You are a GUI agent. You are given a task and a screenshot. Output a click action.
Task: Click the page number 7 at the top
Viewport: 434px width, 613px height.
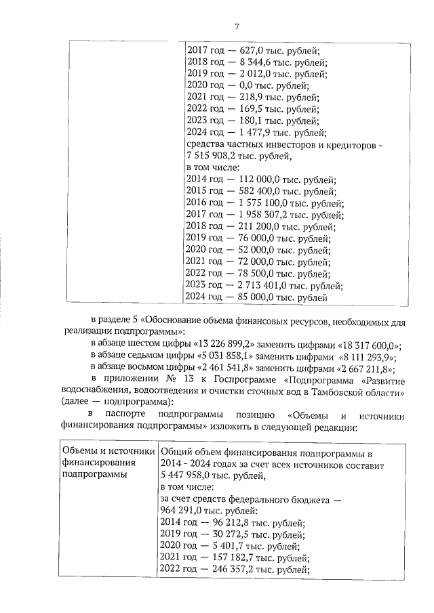(x=237, y=26)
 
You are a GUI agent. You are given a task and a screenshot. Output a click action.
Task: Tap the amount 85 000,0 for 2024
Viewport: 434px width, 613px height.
(x=262, y=297)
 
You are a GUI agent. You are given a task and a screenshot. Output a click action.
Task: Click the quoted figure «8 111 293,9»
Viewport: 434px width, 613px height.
(x=360, y=356)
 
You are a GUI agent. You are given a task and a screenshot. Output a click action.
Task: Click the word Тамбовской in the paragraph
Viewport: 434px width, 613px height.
(x=335, y=392)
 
